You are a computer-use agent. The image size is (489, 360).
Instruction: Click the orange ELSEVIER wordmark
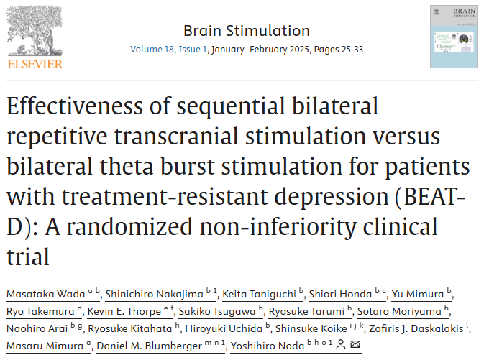(35, 63)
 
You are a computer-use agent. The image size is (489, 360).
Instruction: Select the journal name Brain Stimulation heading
(247, 31)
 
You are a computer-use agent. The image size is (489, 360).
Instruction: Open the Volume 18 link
(155, 50)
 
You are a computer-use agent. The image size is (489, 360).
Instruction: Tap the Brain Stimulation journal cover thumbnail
(454, 37)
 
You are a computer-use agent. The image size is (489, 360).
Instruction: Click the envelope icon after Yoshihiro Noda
(356, 346)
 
